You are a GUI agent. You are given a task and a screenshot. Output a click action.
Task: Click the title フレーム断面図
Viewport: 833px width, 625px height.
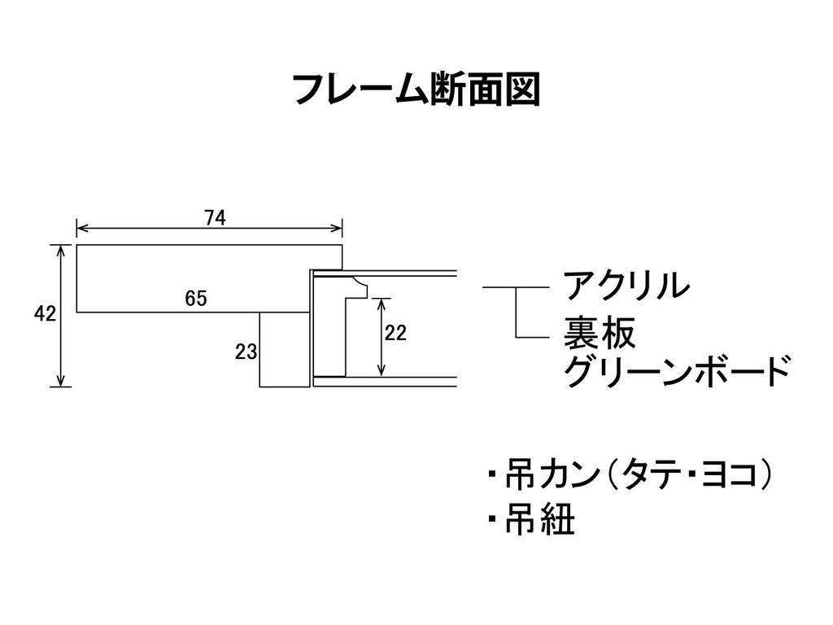pos(416,89)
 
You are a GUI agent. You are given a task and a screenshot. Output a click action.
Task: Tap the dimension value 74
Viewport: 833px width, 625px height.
pos(215,217)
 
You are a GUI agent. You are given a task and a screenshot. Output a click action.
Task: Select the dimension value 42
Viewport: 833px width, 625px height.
pos(45,314)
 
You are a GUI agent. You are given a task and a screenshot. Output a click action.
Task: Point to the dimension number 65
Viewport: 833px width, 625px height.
pos(195,299)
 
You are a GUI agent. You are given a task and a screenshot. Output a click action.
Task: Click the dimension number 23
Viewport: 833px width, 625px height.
pos(246,352)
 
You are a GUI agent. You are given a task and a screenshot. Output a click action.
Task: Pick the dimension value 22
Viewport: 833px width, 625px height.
pos(396,333)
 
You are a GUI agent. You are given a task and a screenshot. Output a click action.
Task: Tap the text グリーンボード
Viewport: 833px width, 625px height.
pos(676,373)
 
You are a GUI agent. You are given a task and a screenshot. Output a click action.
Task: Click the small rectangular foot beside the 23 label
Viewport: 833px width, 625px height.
pos(284,350)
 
